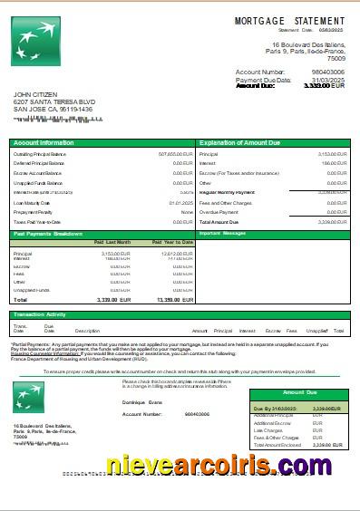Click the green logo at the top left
coord(34,43)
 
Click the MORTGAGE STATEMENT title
coord(290,20)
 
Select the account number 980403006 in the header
coord(327,71)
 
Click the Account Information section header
coord(44,143)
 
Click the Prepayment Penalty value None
coord(187,212)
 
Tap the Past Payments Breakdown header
coord(49,234)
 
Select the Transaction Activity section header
coord(44,314)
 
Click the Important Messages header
coord(222,234)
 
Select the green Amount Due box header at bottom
coord(300,393)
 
